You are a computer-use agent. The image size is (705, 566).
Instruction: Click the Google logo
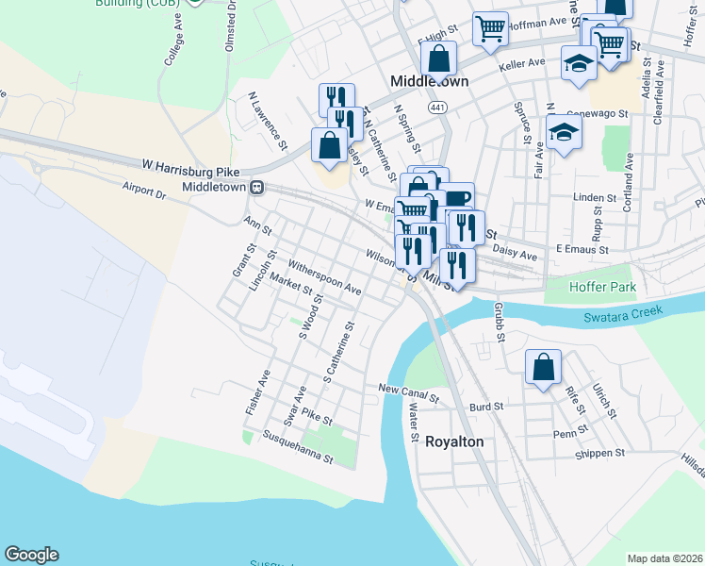(31, 555)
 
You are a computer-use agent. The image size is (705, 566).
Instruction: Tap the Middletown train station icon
(255, 188)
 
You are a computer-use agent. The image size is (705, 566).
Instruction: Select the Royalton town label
(454, 441)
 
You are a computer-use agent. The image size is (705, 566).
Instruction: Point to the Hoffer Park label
(603, 287)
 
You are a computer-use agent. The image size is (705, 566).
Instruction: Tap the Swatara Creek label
(622, 311)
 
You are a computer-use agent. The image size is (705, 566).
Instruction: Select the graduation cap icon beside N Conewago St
(563, 132)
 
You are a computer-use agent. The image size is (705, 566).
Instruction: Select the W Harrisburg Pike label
(188, 171)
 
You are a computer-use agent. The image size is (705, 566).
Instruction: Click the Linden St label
(594, 199)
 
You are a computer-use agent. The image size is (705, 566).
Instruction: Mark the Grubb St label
(498, 323)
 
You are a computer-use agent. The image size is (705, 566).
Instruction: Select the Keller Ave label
(523, 63)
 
